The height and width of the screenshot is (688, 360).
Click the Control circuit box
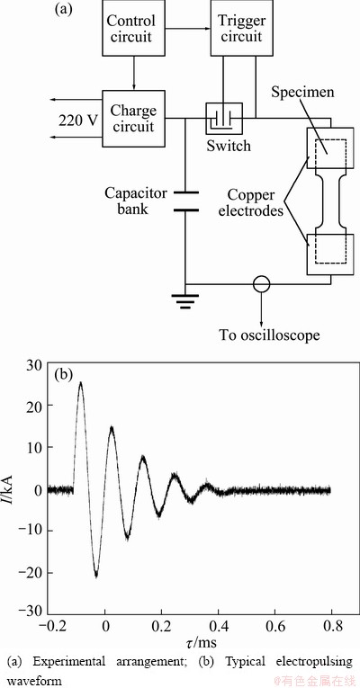click(x=131, y=28)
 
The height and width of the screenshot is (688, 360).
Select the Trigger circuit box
click(x=239, y=28)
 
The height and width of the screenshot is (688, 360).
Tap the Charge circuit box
click(x=133, y=119)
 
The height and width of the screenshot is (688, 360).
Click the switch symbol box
click(x=224, y=119)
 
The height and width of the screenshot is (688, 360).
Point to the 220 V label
click(x=77, y=120)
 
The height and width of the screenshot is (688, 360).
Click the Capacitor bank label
click(x=136, y=201)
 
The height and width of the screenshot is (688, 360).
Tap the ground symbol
click(x=185, y=300)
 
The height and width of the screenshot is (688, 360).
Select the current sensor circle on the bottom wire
click(x=262, y=284)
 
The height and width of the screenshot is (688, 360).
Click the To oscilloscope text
click(x=270, y=335)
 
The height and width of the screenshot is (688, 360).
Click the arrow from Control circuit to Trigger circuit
click(x=186, y=29)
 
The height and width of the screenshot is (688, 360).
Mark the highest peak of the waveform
click(x=80, y=382)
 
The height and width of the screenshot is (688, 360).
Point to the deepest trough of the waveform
click(x=96, y=576)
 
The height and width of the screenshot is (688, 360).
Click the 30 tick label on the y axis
click(x=36, y=364)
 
